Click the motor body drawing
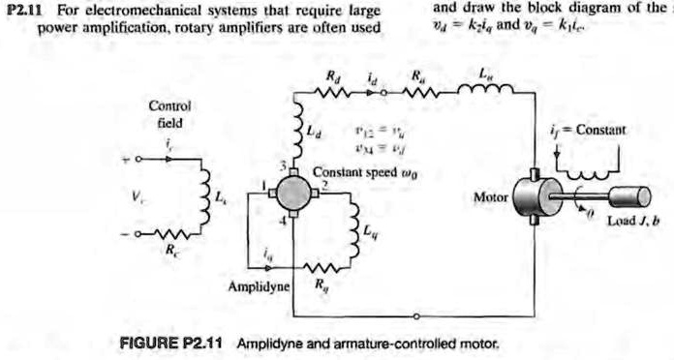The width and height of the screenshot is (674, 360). [x=531, y=196]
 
